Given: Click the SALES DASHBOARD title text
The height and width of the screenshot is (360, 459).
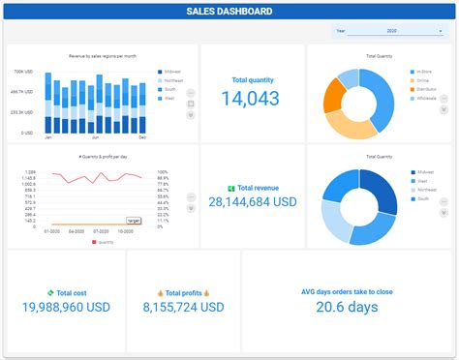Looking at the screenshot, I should tap(229, 13).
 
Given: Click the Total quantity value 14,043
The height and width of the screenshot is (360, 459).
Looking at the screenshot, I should tap(250, 98).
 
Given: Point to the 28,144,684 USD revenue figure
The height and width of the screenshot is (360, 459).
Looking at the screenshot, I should tap(252, 201).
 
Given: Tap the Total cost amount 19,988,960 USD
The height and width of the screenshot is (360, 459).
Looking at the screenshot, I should tap(66, 307).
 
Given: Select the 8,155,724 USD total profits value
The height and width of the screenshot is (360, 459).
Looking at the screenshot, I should tap(183, 307).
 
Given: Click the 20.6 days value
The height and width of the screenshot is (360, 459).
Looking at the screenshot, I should tap(346, 307).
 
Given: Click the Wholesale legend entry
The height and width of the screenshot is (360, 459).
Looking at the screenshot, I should tap(427, 98).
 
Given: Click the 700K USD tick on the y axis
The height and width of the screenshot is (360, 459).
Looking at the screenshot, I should tap(25, 72).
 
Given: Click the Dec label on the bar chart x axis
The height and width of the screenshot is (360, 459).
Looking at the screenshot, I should tap(141, 137).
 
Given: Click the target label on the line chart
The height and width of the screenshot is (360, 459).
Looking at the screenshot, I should tap(134, 221).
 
